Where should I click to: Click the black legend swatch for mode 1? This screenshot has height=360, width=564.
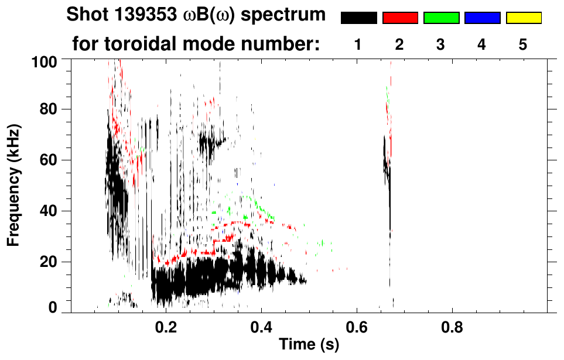pos(359,18)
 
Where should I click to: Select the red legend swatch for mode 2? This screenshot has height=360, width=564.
pos(400,18)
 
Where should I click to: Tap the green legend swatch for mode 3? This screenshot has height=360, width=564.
pos(441,18)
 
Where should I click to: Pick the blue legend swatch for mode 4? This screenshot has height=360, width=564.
pos(482,18)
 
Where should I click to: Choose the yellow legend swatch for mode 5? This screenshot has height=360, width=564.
pos(523,18)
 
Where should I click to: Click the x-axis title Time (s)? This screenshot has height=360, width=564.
pos(309,345)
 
